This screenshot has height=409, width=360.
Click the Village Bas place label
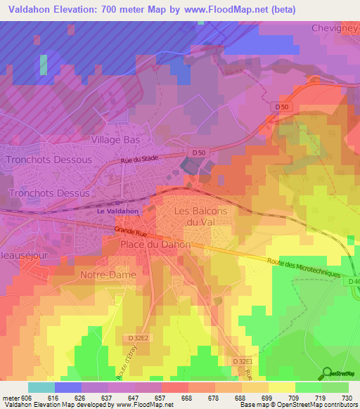[116, 140]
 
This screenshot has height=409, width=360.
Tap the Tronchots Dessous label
[49, 160]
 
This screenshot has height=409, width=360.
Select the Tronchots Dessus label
[49, 193]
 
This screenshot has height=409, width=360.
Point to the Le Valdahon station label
[117, 210]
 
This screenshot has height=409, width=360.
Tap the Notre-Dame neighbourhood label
[108, 275]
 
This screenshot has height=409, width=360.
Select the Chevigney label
[335, 28]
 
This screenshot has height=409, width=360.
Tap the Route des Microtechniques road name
[303, 267]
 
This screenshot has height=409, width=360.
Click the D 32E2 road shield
[139, 338]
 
